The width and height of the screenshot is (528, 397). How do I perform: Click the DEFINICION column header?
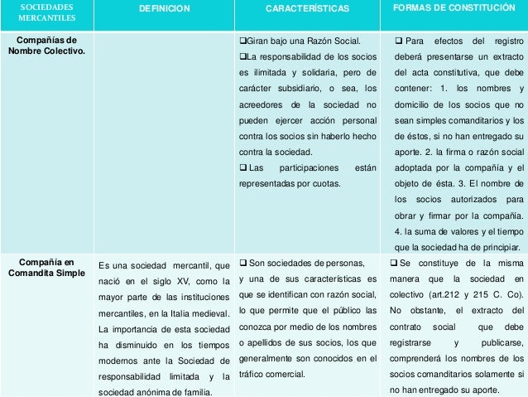(x=164, y=9)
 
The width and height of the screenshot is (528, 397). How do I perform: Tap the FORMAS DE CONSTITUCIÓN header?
(x=454, y=8)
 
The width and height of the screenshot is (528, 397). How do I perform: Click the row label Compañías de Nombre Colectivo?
(x=48, y=46)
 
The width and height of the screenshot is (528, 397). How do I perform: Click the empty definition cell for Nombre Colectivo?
(x=164, y=133)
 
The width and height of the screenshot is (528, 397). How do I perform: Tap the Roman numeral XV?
(x=179, y=281)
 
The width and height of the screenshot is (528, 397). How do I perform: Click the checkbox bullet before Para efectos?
(x=399, y=41)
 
